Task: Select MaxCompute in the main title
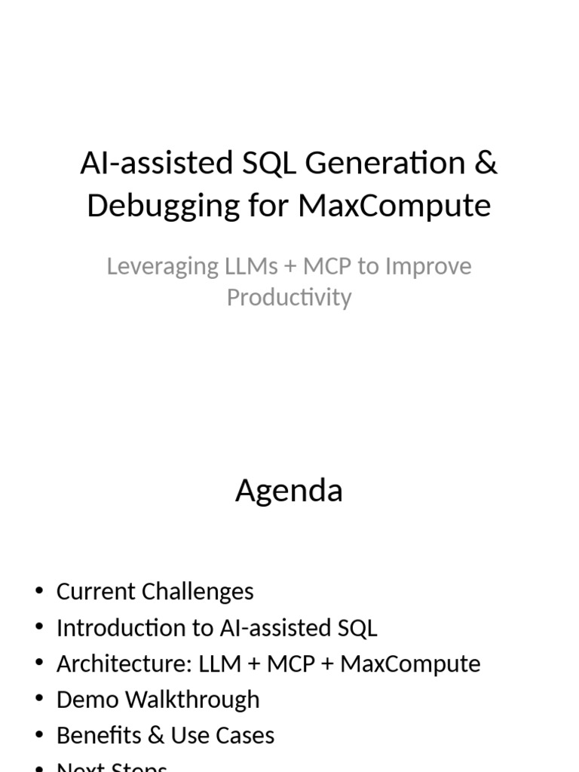tap(394, 206)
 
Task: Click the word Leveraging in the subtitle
tap(155, 267)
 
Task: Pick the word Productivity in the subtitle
tap(289, 297)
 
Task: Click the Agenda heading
tap(289, 491)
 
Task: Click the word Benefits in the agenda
tap(94, 736)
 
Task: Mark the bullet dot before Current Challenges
tap(39, 592)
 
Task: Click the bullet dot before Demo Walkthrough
tap(39, 700)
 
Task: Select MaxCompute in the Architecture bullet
tap(410, 664)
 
